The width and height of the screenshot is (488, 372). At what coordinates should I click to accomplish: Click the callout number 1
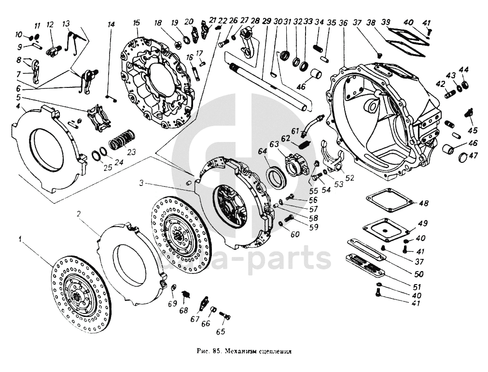coord(20,239)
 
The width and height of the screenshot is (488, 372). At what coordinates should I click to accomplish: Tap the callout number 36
coord(343,22)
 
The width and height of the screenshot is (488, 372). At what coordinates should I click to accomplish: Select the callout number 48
coord(423,203)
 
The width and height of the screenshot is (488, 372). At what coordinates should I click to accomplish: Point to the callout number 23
coord(132,151)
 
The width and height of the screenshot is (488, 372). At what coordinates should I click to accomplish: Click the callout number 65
coord(221,331)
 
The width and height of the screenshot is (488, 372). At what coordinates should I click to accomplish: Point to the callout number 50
coord(419,274)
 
